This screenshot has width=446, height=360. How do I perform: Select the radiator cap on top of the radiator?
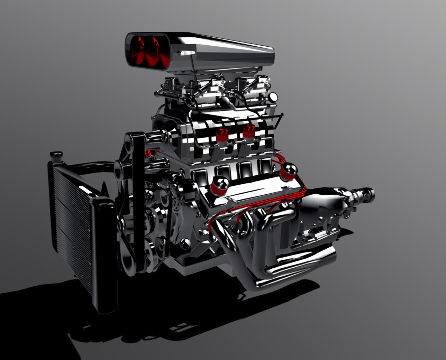pyautogui.click(x=56, y=155)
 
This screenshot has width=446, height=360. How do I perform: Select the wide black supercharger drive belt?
pyautogui.click(x=138, y=180)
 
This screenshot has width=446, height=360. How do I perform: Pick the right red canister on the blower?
pyautogui.click(x=248, y=131)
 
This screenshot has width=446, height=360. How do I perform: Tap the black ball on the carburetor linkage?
pyautogui.click(x=224, y=101)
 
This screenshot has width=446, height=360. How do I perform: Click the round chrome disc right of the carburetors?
pyautogui.click(x=273, y=96)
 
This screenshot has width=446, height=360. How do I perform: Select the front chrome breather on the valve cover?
pyautogui.click(x=219, y=185)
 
